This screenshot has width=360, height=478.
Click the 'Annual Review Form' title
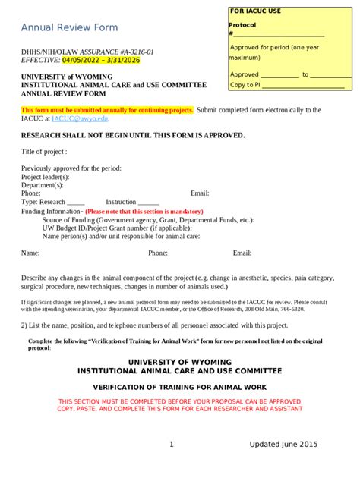pos(69,28)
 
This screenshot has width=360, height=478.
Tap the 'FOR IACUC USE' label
pos(255,11)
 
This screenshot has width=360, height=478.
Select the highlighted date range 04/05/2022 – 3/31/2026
pos(107,60)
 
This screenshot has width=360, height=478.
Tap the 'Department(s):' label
pos(43,185)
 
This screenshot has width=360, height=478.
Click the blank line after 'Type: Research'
pos(75,203)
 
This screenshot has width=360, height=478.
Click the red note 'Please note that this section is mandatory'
pos(144,212)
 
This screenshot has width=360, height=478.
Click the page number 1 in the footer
pos(172,445)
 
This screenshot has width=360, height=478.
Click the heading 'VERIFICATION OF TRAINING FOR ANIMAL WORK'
pos(180,386)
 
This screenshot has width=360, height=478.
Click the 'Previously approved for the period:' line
pos(71,168)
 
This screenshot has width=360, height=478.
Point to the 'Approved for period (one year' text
pos(275,47)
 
